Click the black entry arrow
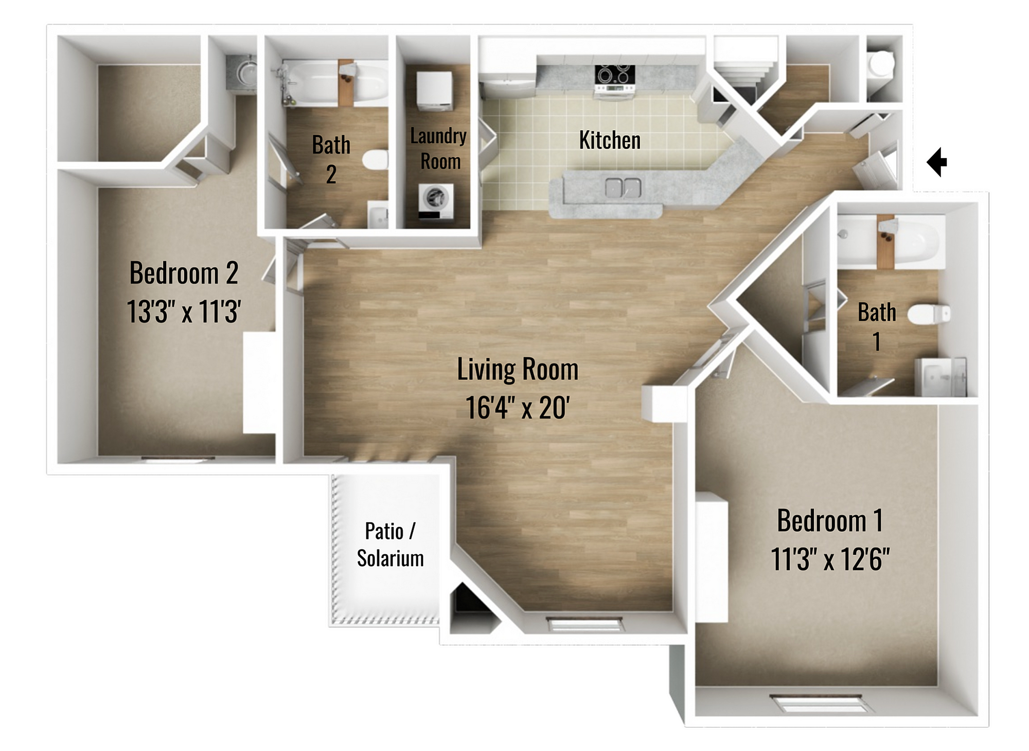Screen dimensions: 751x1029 tap(937, 162)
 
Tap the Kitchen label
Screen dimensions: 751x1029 tap(610, 140)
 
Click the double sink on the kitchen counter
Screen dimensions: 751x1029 tap(623, 187)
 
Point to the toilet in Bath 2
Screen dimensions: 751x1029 tap(375, 160)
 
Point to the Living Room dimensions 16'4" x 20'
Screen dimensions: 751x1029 tap(517, 408)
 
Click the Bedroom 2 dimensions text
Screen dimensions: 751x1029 tap(184, 311)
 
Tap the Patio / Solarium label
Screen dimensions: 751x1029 tap(390, 545)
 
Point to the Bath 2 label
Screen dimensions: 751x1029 tap(331, 160)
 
